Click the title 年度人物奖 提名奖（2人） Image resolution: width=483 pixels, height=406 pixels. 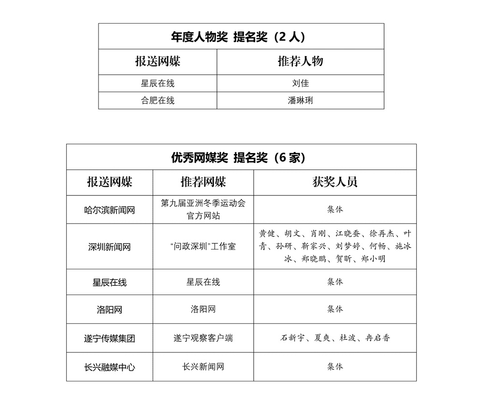coord(241,37)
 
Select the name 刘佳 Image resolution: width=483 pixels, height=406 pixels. coord(300,83)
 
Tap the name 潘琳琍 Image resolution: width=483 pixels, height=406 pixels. coord(300,100)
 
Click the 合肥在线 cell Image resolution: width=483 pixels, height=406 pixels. coord(157,100)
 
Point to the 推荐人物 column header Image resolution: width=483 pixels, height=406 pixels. coord(300,61)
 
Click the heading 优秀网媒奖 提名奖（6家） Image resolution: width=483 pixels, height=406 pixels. coord(241,157)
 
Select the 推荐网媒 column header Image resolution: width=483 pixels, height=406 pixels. coord(203,182)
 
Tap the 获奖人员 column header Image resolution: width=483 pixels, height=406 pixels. coord(335,182)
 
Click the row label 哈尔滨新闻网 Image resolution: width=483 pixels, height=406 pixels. coord(109,210)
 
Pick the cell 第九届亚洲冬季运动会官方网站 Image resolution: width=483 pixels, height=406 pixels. coord(203,210)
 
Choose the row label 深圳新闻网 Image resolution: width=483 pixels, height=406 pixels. coord(109,247)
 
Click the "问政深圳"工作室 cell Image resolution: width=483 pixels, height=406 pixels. coord(203,247)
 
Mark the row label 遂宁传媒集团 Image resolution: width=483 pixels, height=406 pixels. coord(109,338)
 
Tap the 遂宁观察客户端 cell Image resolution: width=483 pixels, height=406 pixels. coord(203,338)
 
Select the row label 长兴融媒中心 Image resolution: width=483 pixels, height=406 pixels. coord(109,367)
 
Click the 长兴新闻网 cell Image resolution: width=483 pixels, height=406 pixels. coord(203,367)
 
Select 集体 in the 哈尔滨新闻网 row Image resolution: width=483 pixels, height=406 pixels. coord(335,210)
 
